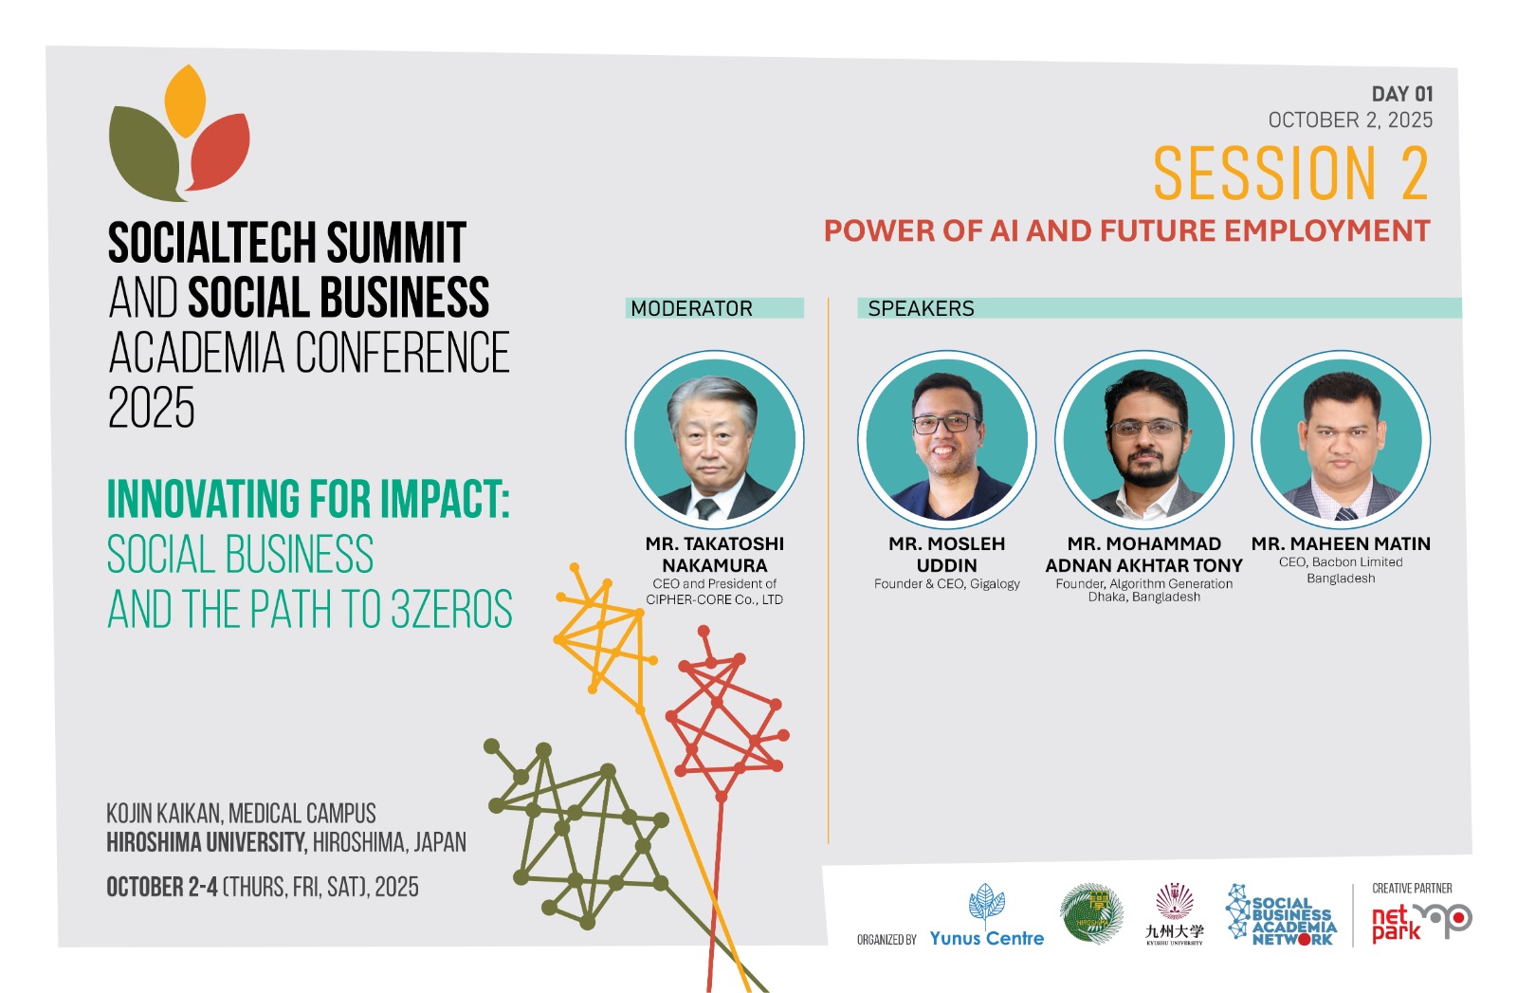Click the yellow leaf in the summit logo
pyautogui.click(x=185, y=101)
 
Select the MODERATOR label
pyautogui.click(x=691, y=309)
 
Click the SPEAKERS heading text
pyautogui.click(x=921, y=309)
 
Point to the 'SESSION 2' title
pyautogui.click(x=1291, y=174)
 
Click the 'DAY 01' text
pyautogui.click(x=1402, y=94)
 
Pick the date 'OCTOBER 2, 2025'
pyautogui.click(x=1350, y=120)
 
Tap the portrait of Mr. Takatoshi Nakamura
pyautogui.click(x=715, y=440)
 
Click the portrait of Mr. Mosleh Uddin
pyautogui.click(x=947, y=440)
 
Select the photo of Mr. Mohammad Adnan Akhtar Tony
pyautogui.click(x=1143, y=440)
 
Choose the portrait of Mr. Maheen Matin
pyautogui.click(x=1341, y=440)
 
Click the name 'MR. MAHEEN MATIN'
pyautogui.click(x=1341, y=543)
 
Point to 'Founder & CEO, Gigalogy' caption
pyautogui.click(x=947, y=584)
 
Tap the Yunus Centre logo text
pyautogui.click(x=987, y=938)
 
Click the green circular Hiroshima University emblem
pyautogui.click(x=1091, y=913)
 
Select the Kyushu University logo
pyautogui.click(x=1175, y=913)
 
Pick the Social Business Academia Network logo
pyautogui.click(x=1281, y=915)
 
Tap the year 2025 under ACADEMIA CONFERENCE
pyautogui.click(x=152, y=408)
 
